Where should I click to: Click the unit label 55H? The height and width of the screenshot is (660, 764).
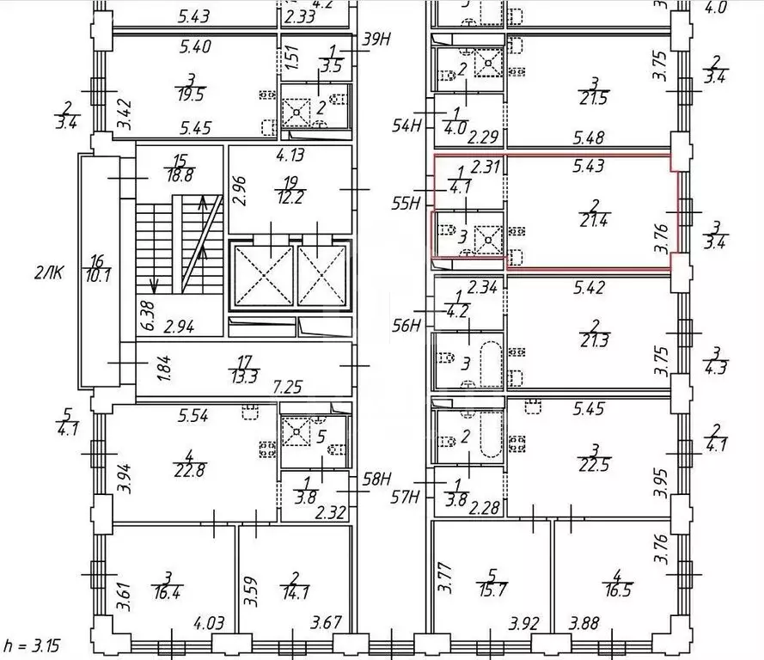406,203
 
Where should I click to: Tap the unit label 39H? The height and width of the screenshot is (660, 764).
376,40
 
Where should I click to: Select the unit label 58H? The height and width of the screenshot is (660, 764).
376,480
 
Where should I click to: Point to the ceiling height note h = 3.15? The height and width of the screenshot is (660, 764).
32,646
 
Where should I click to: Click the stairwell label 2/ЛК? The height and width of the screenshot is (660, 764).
49,272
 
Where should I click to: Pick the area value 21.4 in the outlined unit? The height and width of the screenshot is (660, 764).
594,221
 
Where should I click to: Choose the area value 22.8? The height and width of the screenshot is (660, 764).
190,471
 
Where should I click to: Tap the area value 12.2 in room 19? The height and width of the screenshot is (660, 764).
290,198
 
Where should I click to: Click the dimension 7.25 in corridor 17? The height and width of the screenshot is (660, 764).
288,388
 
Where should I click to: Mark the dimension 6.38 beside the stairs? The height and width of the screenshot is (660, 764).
148,315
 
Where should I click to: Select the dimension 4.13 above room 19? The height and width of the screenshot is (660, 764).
290,155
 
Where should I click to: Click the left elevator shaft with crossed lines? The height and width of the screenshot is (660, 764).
264,276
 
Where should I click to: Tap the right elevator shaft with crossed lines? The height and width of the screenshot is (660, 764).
321,276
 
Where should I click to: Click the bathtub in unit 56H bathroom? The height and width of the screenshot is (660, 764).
492,360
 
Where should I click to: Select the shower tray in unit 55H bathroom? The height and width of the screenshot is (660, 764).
488,240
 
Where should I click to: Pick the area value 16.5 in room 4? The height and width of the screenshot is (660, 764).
617,590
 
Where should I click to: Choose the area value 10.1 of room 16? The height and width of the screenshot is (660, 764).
98,277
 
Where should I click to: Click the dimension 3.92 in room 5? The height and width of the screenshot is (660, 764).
523,624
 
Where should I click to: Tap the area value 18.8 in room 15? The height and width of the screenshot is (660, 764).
180,175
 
